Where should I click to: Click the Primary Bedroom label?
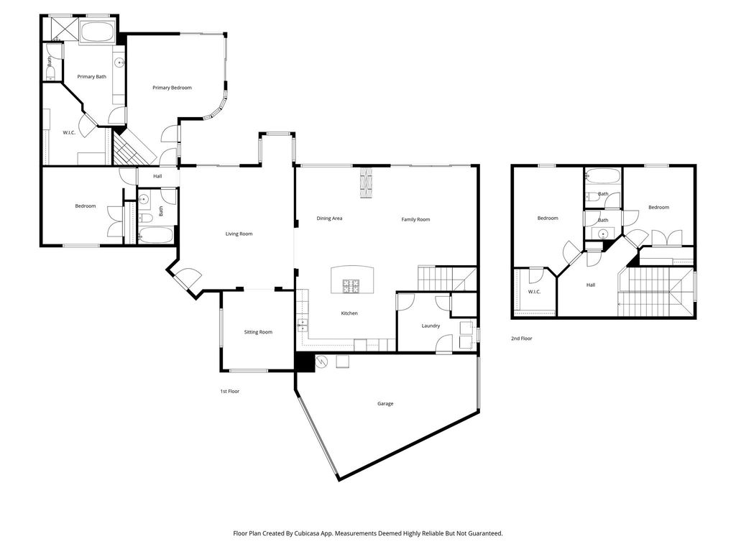tap(172, 88)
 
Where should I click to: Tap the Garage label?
tap(385, 404)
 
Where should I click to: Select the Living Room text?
tap(239, 234)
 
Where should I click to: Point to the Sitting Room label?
tap(258, 332)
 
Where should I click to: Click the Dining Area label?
tap(329, 218)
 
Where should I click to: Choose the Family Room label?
tap(415, 220)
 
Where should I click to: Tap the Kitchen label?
tap(349, 313)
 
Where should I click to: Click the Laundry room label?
tap(431, 326)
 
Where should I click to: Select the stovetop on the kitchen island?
tap(350, 286)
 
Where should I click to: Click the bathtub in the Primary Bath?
tap(97, 32)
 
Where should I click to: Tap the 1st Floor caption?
tap(229, 392)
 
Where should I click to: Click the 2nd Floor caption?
tap(522, 339)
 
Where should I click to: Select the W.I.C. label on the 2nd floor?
tap(534, 292)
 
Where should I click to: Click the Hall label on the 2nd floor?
tap(591, 285)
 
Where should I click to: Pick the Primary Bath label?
tap(91, 77)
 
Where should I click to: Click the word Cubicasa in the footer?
tap(305, 534)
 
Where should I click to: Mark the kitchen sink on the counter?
tap(303, 325)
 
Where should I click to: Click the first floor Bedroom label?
tap(86, 206)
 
